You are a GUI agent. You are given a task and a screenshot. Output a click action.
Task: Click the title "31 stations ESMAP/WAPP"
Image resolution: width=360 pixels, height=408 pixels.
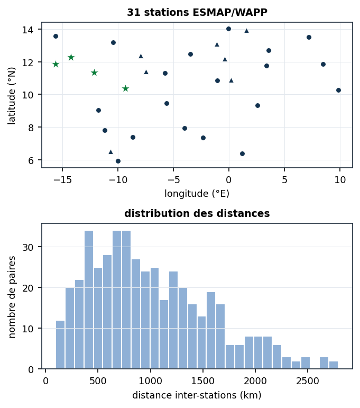pos(197,13)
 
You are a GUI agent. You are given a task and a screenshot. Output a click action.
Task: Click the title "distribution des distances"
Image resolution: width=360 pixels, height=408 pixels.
pos(197,213)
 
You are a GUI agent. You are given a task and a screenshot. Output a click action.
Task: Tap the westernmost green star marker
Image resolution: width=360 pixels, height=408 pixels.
pos(56,64)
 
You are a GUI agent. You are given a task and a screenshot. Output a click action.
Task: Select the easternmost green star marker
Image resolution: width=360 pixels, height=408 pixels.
pos(125,89)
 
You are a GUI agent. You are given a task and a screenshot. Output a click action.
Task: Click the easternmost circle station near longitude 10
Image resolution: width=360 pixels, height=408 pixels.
pos(338,90)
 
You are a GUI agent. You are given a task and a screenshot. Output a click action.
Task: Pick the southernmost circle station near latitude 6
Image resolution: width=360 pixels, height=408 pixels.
pos(118,161)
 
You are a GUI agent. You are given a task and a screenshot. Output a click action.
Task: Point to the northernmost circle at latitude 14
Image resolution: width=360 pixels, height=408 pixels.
pos(228,29)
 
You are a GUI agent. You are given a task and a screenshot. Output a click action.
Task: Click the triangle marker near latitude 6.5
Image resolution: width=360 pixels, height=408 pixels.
pos(110,152)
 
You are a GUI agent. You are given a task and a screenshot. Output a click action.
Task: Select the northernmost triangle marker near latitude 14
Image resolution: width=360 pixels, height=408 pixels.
pos(247,31)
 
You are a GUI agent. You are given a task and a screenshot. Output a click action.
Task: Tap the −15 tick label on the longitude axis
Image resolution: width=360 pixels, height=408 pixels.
pos(62,180)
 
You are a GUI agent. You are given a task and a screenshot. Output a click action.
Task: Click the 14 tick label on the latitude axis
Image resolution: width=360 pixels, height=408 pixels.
pos(28,30)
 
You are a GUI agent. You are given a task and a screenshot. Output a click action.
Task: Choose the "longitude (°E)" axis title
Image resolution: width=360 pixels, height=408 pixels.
pos(197,194)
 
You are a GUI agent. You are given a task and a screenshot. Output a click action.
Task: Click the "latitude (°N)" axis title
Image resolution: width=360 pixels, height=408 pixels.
pos(12,96)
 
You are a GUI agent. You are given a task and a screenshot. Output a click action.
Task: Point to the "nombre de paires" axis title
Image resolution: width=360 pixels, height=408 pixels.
pos(12,297)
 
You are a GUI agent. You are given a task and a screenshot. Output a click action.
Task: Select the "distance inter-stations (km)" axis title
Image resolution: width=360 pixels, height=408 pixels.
pos(197,395)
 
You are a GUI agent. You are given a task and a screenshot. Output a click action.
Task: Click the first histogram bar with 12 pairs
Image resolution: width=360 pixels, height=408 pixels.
pos(60,345)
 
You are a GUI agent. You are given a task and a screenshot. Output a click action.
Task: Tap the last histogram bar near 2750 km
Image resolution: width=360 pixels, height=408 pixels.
pos(334,365)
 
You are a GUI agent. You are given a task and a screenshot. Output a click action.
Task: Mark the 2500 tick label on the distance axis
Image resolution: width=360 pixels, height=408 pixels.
pos(308,381)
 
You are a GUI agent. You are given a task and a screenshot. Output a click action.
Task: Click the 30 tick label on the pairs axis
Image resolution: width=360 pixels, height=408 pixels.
pos(28,247)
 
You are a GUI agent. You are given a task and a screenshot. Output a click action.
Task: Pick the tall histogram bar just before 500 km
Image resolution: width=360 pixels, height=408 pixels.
pos(89,300)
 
